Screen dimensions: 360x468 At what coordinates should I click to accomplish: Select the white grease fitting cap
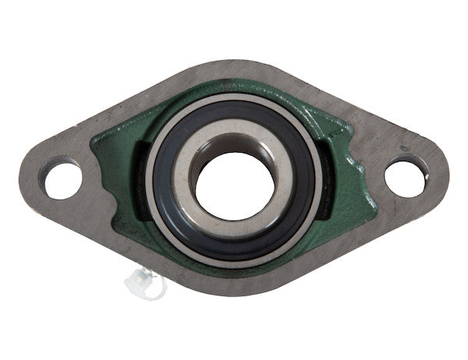pyautogui.click(x=144, y=283)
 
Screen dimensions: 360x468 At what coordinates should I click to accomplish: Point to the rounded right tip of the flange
pyautogui.click(x=441, y=175)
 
